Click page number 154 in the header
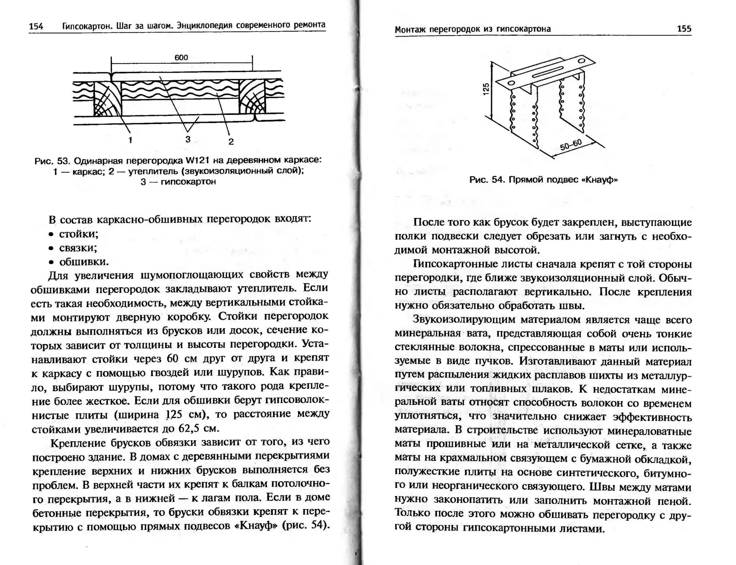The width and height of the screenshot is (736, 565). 36,26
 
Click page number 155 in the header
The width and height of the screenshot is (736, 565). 684,29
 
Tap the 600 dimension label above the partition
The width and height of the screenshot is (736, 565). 181,58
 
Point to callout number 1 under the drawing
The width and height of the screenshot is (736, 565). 130,140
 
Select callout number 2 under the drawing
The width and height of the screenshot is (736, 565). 231,142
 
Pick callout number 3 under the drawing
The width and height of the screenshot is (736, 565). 188,139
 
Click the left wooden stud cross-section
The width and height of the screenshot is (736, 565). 107,98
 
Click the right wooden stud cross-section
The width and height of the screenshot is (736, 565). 252,97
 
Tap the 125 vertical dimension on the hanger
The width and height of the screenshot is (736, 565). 486,89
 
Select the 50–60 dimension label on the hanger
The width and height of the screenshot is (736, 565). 571,144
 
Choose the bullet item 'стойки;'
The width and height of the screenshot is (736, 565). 79,234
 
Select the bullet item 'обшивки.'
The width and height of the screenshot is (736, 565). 84,262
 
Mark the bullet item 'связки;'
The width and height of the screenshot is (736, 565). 78,248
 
